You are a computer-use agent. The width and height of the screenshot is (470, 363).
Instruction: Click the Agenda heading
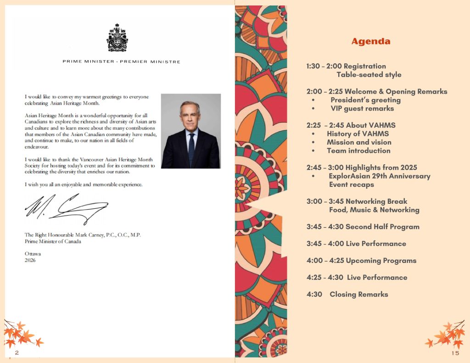coord(371,41)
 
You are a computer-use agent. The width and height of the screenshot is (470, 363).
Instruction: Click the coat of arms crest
coord(117,39)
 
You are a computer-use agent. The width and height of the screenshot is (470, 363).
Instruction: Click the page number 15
coord(455,353)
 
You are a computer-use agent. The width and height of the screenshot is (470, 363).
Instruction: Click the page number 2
coord(17,352)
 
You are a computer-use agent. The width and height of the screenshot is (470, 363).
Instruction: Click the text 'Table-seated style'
coord(369,74)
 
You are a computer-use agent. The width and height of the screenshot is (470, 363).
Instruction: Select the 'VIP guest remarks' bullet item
coord(362,108)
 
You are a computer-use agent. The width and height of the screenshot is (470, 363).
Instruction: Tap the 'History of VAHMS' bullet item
coord(358,134)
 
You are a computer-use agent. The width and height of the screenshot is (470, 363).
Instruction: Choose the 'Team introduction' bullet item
coord(358,151)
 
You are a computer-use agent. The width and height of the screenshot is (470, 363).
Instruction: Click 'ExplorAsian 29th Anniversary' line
coord(380,176)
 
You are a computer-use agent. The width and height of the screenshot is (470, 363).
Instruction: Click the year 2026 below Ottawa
coord(30,260)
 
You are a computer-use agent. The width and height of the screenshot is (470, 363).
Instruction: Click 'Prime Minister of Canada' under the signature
coord(53,241)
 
